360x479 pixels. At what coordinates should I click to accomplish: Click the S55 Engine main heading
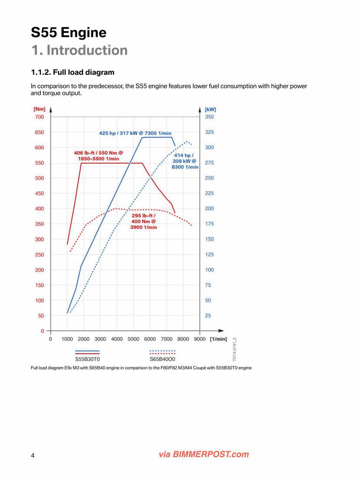pos(68,33)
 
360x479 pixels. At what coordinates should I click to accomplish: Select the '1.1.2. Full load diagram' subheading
pos(73,73)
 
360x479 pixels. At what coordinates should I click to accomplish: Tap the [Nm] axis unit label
pos(39,109)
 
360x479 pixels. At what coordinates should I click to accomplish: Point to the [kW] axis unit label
pos(210,109)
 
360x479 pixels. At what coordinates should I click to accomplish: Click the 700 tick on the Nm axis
pos(39,116)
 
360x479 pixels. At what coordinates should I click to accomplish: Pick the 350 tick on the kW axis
pos(209,116)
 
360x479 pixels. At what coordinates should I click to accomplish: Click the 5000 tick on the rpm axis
pos(133,339)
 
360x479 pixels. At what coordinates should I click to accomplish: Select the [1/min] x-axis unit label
pos(219,339)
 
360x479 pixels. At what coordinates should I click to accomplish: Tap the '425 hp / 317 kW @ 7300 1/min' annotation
pos(135,133)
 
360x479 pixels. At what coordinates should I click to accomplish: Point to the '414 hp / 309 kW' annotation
pos(185,161)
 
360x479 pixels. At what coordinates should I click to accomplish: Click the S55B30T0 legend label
pos(88,359)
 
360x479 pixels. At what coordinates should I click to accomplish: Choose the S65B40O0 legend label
pos(162,359)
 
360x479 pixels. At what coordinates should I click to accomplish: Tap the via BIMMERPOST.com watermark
pos(204,454)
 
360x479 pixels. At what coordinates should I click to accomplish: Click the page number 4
pos(33,456)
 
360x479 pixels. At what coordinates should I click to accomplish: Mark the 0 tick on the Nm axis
pos(43,331)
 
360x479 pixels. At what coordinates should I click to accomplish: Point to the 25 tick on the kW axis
pos(208,316)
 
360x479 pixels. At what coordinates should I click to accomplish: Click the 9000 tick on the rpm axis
pos(199,339)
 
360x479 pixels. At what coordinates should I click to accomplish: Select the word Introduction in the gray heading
pos(87,51)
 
